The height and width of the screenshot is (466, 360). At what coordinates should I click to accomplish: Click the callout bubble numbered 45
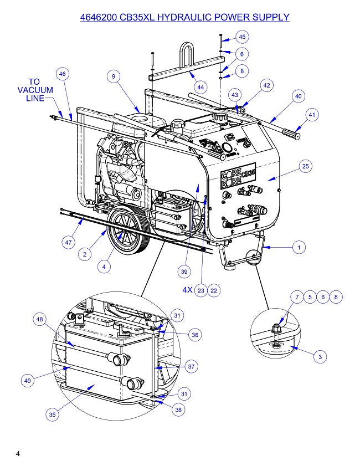click(x=241, y=37)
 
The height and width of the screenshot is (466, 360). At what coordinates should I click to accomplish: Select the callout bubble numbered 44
click(x=200, y=88)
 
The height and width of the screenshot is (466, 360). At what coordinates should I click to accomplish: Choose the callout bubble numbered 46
click(x=62, y=74)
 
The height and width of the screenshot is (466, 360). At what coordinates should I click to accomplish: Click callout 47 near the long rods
click(x=68, y=242)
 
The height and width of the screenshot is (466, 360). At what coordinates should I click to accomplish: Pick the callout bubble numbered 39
click(x=184, y=272)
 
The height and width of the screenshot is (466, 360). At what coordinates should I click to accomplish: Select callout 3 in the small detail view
click(x=320, y=357)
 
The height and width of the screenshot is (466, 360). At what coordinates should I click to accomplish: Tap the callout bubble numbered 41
click(x=312, y=115)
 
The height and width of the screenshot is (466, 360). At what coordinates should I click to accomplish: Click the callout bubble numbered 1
click(x=299, y=248)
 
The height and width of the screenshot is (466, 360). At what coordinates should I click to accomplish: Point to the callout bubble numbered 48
click(x=39, y=320)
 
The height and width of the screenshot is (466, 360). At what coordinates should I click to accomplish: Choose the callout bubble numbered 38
click(x=178, y=410)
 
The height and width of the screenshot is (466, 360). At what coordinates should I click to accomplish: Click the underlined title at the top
click(x=185, y=17)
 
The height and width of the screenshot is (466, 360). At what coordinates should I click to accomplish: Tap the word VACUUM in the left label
click(x=35, y=90)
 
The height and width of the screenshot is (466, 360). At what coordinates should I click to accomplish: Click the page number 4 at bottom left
click(x=18, y=454)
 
